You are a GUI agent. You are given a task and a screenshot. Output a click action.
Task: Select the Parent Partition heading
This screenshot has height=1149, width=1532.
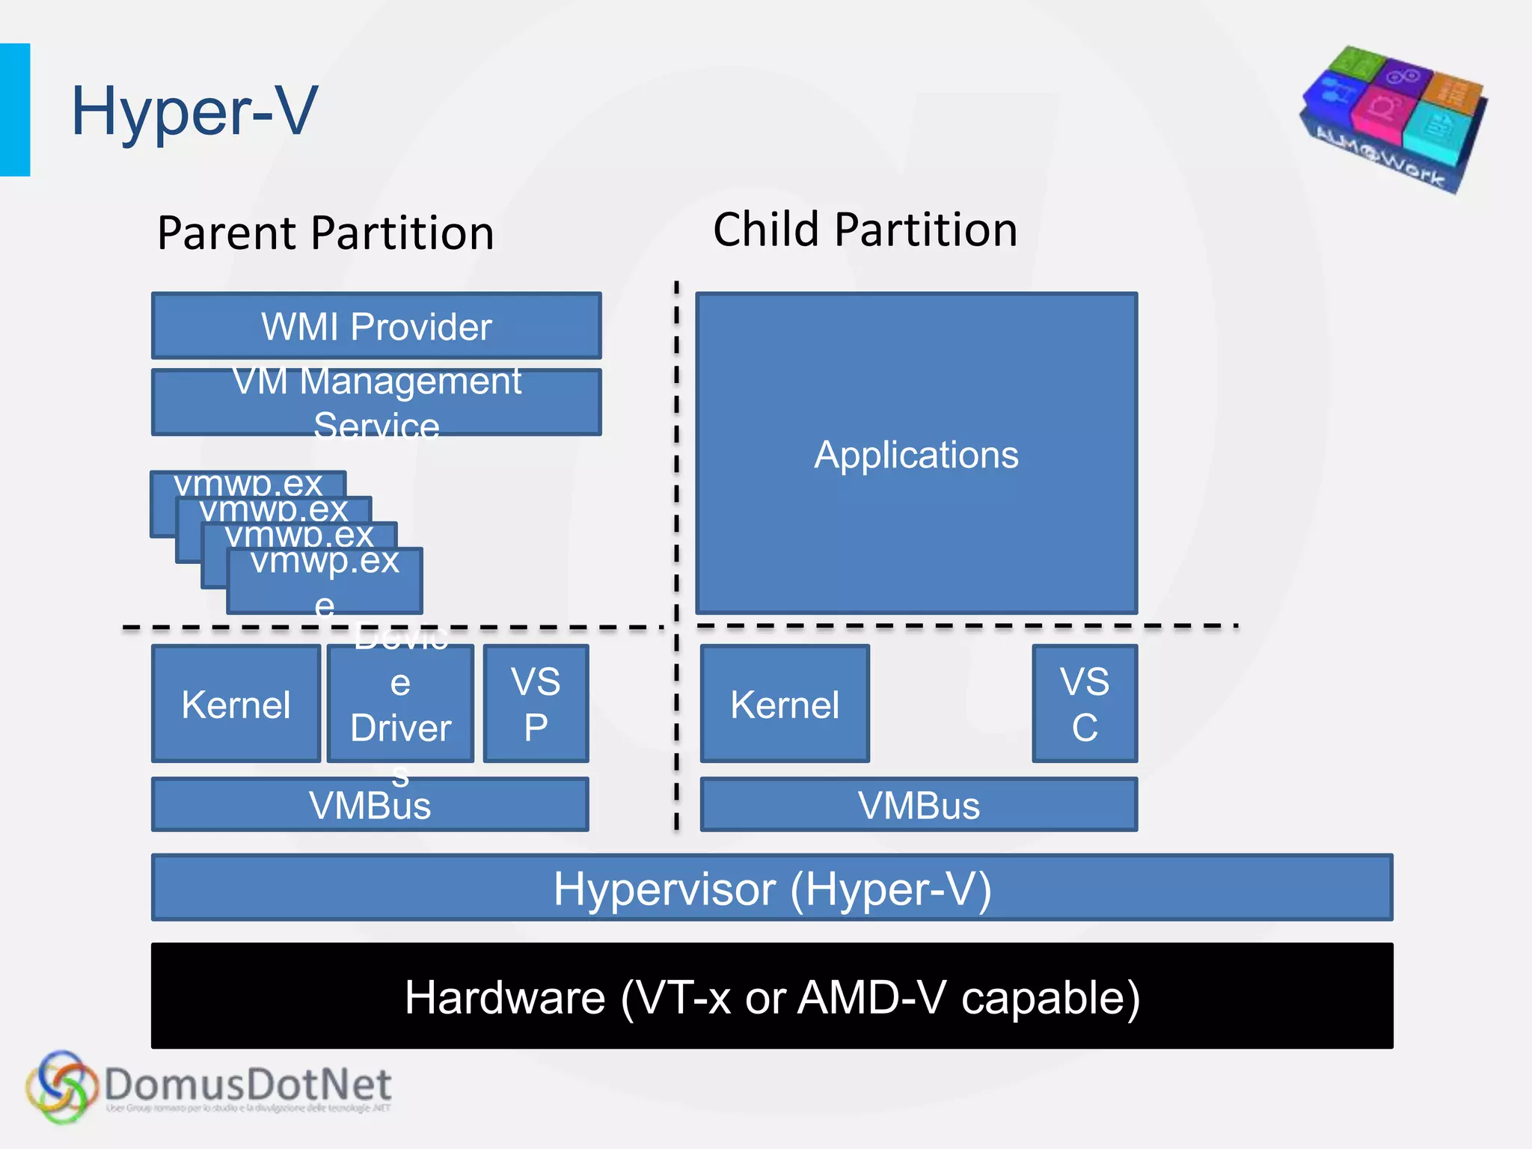[x=325, y=233]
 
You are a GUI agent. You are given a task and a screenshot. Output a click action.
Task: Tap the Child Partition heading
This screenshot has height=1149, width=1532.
[x=865, y=229]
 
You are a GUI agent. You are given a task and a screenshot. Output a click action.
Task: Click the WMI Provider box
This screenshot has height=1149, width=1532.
[x=376, y=326]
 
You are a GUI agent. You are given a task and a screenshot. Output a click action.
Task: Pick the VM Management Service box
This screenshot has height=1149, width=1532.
[x=376, y=402]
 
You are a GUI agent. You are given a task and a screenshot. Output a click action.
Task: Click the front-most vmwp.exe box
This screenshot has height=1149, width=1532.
[x=325, y=580]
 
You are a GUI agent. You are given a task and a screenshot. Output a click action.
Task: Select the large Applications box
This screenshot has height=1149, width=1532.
[x=916, y=453]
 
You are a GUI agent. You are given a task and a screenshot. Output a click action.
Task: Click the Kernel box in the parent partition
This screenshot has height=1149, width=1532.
[x=236, y=704]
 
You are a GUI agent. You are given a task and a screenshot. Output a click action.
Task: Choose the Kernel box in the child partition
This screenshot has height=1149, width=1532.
[x=785, y=704]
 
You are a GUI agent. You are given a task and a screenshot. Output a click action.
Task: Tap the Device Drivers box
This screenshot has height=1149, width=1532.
[x=400, y=704]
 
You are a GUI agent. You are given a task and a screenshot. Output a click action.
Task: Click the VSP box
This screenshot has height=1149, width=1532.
[x=536, y=704]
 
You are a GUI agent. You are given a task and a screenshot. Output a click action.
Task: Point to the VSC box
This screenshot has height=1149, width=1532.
[x=1085, y=704]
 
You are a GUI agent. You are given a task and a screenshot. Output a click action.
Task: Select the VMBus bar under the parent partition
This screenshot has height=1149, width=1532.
[x=370, y=805]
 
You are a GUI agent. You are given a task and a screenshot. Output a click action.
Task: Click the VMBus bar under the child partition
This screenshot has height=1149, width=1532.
[x=919, y=805]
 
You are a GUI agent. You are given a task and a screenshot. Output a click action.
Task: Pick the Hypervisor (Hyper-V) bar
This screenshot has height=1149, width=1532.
[x=772, y=888]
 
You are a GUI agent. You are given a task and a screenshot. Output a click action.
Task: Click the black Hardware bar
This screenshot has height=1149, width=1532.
[x=772, y=996]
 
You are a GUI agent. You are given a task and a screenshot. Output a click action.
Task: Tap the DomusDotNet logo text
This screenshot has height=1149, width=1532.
[x=247, y=1085]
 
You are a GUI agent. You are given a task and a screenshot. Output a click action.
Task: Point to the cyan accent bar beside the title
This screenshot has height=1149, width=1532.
[x=15, y=110]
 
